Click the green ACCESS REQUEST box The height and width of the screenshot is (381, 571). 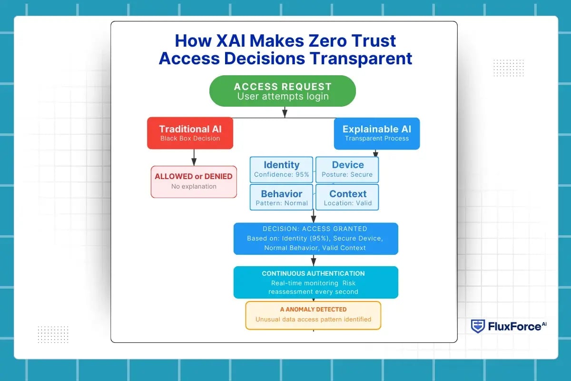pos(282,91)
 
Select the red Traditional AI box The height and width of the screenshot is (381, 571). pos(190,133)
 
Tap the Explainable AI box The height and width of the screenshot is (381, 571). pos(376,133)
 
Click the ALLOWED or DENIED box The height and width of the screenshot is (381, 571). pos(194,181)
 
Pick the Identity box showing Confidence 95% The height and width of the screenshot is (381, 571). pos(281,170)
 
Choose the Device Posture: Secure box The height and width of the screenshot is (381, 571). pos(348,170)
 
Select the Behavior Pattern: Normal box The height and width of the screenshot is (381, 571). pos(281,197)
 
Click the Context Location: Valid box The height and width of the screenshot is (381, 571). pos(348,197)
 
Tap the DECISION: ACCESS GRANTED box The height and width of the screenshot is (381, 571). pos(315,238)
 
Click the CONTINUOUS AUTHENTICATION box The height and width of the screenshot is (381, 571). pos(315,282)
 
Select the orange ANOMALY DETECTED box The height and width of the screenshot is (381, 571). pos(313,315)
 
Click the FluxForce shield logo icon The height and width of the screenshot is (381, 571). pos(478,326)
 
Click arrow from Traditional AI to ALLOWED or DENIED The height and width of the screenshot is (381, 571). pos(194,158)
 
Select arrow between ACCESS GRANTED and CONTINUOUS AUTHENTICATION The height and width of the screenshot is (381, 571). pos(314,261)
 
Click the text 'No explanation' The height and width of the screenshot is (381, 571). pos(194,187)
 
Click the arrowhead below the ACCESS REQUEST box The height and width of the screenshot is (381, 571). pos(285,114)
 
